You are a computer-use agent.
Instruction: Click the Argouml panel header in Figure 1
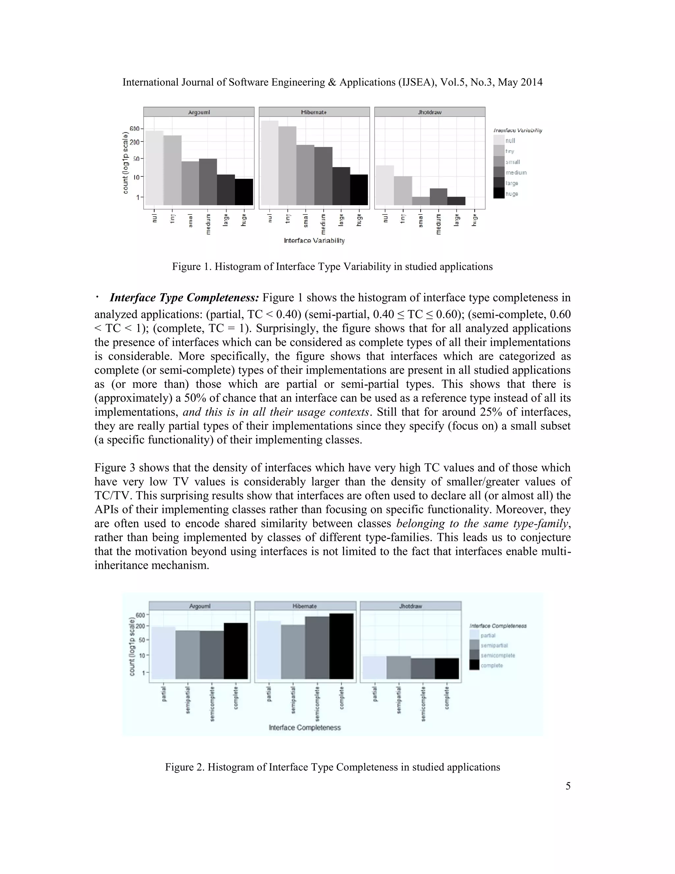click(199, 112)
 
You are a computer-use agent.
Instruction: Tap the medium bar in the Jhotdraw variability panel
click(439, 197)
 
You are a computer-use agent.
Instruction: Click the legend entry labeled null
click(510, 140)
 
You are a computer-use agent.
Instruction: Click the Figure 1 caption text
click(332, 266)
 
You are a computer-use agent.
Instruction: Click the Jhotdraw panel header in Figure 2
click(410, 606)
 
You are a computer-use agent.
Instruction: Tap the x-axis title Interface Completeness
click(305, 727)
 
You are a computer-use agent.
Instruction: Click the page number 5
click(568, 786)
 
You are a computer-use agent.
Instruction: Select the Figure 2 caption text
click(332, 767)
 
